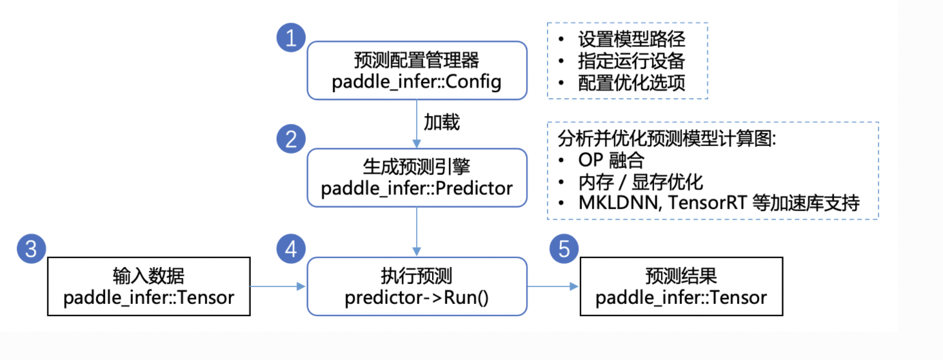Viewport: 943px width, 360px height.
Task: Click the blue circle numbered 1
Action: (291, 37)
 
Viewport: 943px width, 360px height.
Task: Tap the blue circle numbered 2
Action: (291, 139)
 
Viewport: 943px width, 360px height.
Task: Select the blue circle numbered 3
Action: (31, 249)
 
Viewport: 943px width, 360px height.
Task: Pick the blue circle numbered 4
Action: (291, 249)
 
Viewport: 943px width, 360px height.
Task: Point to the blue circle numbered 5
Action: (564, 249)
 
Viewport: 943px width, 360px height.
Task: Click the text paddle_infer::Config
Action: (416, 82)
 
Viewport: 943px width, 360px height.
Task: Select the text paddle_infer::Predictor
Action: (417, 188)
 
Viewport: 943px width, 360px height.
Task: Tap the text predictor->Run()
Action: (416, 297)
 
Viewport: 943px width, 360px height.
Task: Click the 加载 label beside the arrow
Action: (442, 122)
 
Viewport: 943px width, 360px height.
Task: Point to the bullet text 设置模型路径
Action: (631, 39)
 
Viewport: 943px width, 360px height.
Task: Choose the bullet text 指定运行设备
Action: (631, 61)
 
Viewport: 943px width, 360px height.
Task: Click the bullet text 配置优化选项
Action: (631, 83)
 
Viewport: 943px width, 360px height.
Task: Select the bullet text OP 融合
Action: (611, 160)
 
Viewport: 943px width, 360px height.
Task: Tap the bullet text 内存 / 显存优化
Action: (640, 182)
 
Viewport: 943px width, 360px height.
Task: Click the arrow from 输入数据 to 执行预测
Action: (277, 286)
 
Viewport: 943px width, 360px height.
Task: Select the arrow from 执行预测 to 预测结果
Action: (553, 286)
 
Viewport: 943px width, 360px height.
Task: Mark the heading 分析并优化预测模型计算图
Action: (667, 139)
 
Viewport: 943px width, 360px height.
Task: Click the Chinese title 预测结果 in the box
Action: (681, 276)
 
